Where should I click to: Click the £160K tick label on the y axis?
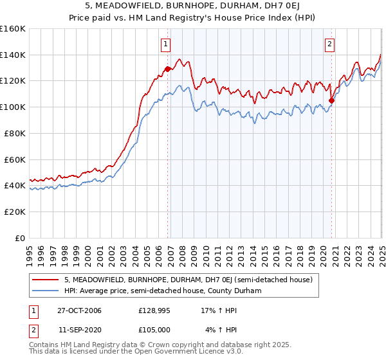[13, 29]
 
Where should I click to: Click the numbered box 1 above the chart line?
[166, 44]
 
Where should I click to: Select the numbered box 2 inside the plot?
[329, 44]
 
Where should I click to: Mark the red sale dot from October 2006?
[168, 69]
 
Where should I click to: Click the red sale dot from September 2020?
[332, 100]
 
